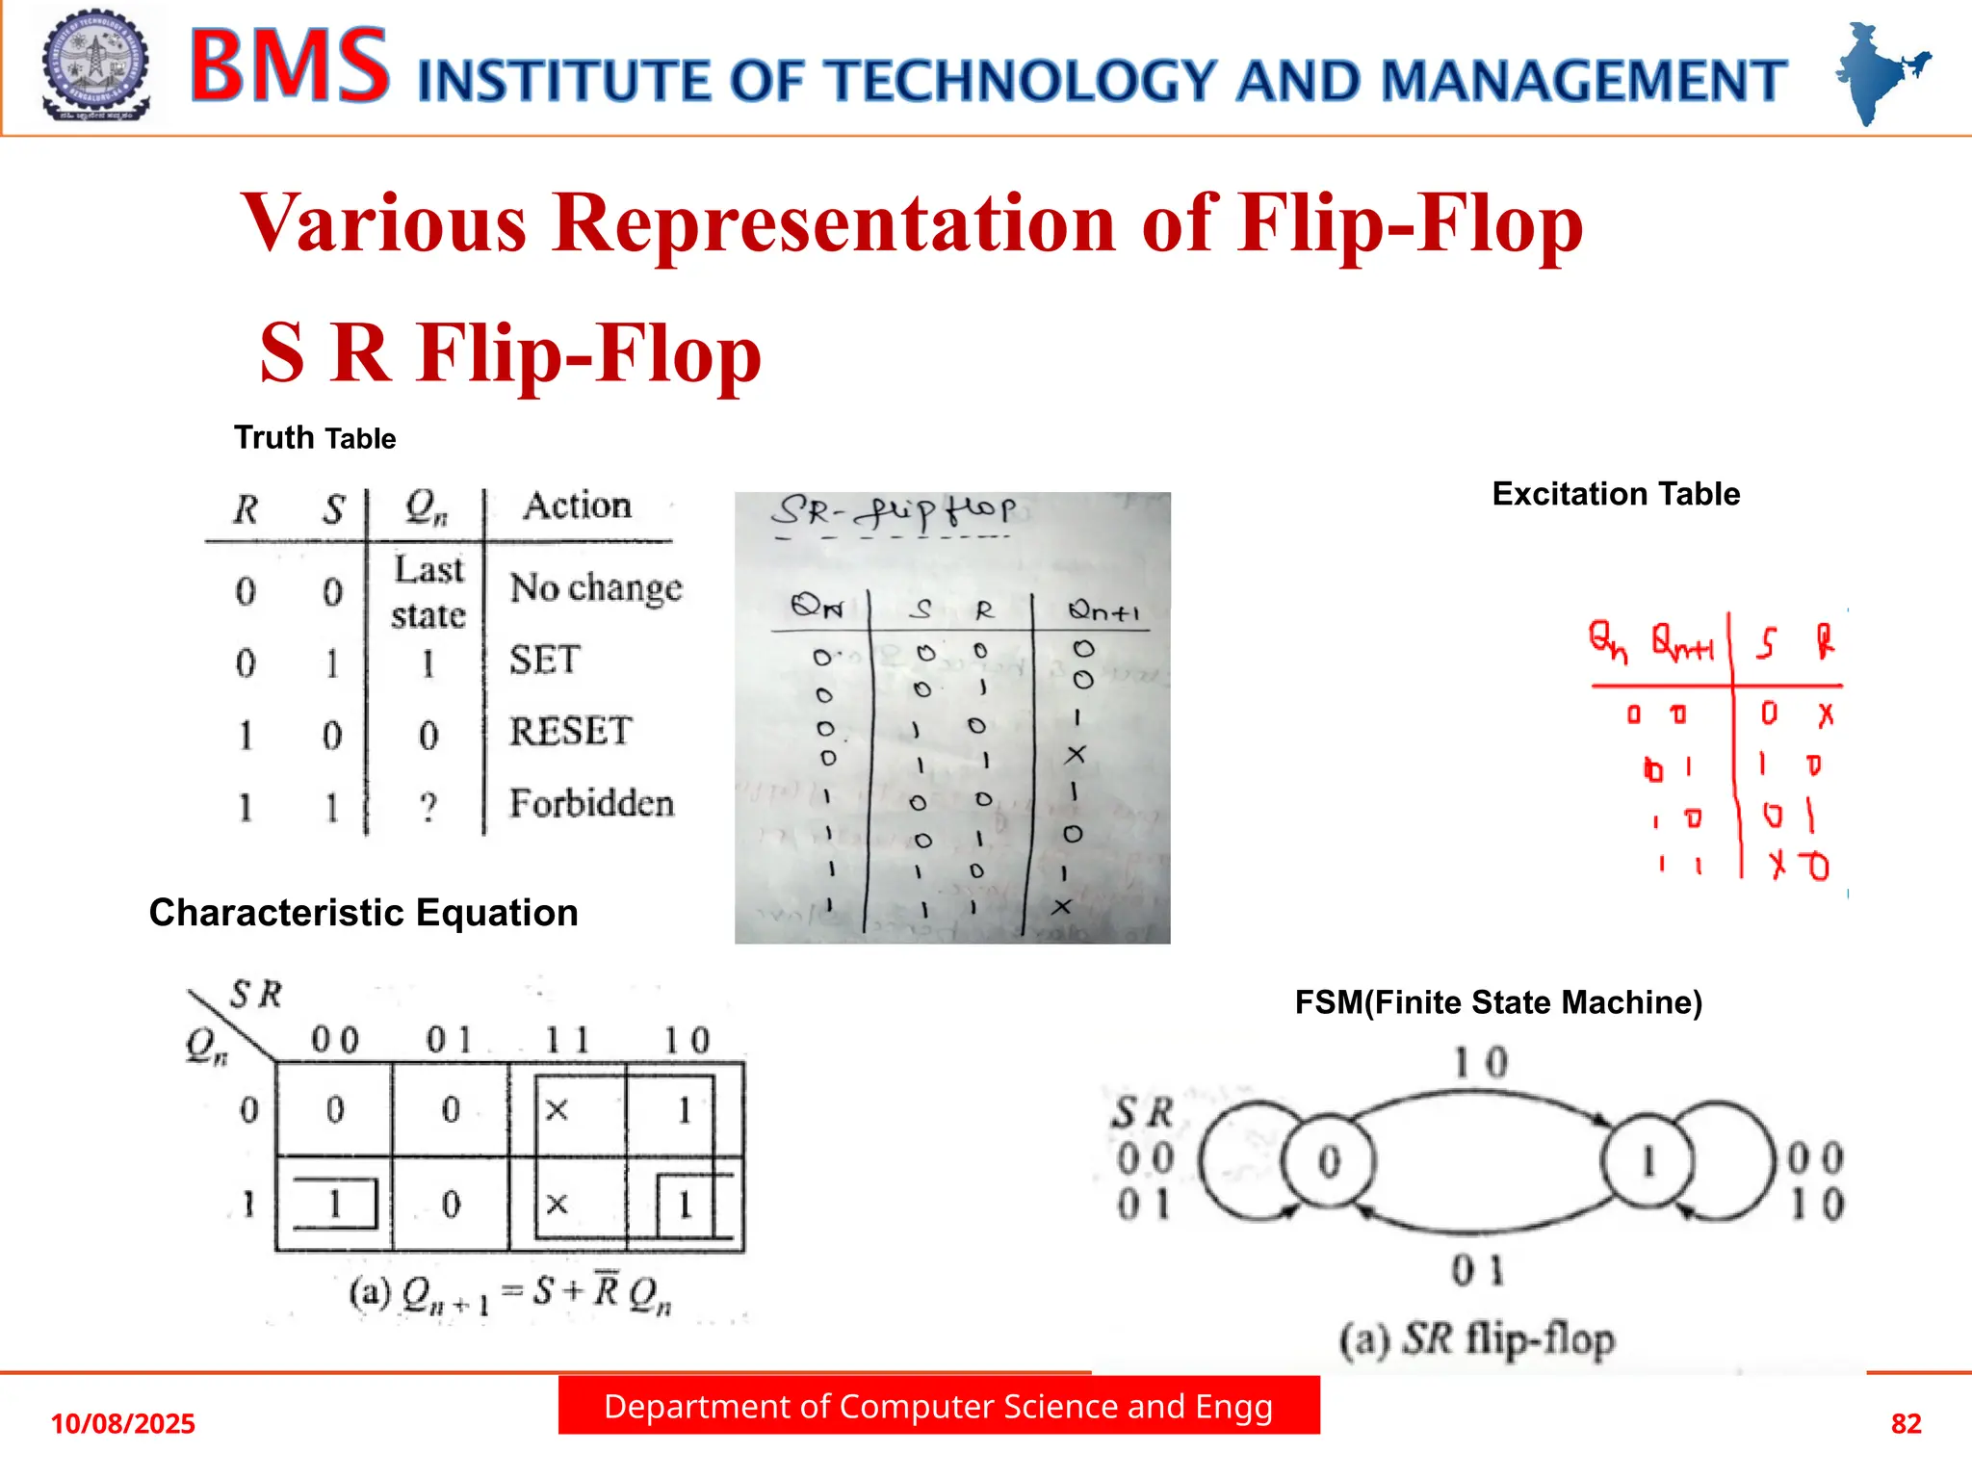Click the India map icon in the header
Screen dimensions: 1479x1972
[x=1879, y=73]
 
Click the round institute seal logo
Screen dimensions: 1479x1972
[x=95, y=65]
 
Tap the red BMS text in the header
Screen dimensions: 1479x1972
[x=289, y=66]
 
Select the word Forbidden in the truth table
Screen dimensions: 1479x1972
[x=591, y=803]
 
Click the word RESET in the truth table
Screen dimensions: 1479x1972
[x=570, y=732]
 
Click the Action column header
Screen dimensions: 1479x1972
[x=577, y=506]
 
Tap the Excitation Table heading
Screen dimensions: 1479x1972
[x=1616, y=494]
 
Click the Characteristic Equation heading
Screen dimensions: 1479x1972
[x=363, y=913]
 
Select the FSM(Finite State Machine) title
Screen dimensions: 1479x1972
[x=1498, y=1002]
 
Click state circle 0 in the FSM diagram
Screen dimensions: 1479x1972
[x=1329, y=1161]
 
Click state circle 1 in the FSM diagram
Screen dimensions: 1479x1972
[x=1648, y=1161]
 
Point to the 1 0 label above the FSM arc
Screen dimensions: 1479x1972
[x=1480, y=1062]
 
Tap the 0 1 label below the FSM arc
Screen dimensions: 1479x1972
[x=1478, y=1271]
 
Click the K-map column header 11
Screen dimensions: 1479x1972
[x=566, y=1040]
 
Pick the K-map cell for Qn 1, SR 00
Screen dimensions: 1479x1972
[x=334, y=1204]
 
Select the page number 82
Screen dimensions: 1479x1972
[x=1906, y=1423]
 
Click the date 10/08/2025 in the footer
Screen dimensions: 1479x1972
[x=122, y=1423]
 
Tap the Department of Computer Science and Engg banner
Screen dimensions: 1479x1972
[x=938, y=1407]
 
